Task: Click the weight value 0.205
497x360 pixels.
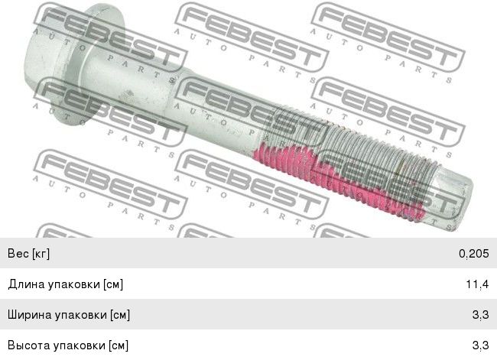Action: point(473,254)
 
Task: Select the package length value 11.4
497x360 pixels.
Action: point(477,284)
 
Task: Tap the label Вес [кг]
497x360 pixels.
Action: point(28,254)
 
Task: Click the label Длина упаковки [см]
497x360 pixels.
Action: point(65,284)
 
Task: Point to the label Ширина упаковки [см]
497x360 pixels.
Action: point(69,315)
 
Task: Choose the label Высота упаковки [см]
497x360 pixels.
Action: point(68,345)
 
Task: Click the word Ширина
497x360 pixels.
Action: point(30,315)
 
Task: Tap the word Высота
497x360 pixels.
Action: point(29,345)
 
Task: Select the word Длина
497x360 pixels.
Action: point(26,284)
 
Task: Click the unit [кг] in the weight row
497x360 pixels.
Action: point(41,254)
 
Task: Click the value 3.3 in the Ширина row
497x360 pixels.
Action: point(480,315)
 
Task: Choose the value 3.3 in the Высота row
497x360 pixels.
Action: point(480,345)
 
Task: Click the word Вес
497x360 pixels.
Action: point(18,254)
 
